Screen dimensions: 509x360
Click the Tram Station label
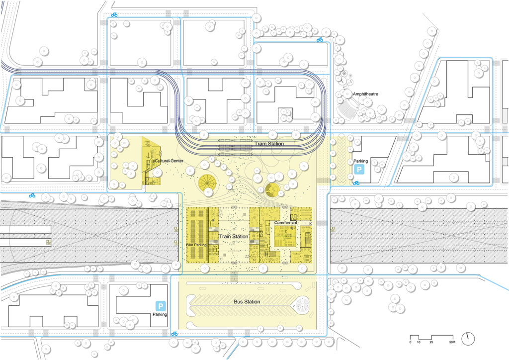coord(269,144)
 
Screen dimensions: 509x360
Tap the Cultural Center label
coord(169,161)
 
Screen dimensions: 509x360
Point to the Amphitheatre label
coord(365,94)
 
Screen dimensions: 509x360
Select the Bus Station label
coord(247,301)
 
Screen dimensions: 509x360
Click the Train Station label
coord(234,236)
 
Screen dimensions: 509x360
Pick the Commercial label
coord(286,223)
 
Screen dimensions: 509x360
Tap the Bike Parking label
coord(196,245)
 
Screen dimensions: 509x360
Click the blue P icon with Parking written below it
coord(161,306)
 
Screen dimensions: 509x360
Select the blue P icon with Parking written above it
coord(359,170)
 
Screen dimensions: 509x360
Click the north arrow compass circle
coord(468,339)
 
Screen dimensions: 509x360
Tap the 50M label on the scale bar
coord(452,342)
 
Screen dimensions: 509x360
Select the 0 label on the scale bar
coord(410,342)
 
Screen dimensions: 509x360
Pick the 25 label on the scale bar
coord(431,342)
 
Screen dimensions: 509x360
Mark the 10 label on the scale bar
coord(419,342)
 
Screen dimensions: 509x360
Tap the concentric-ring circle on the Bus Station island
coord(302,305)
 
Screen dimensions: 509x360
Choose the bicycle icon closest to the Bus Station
coord(174,334)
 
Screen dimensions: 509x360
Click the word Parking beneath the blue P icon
coord(160,314)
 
